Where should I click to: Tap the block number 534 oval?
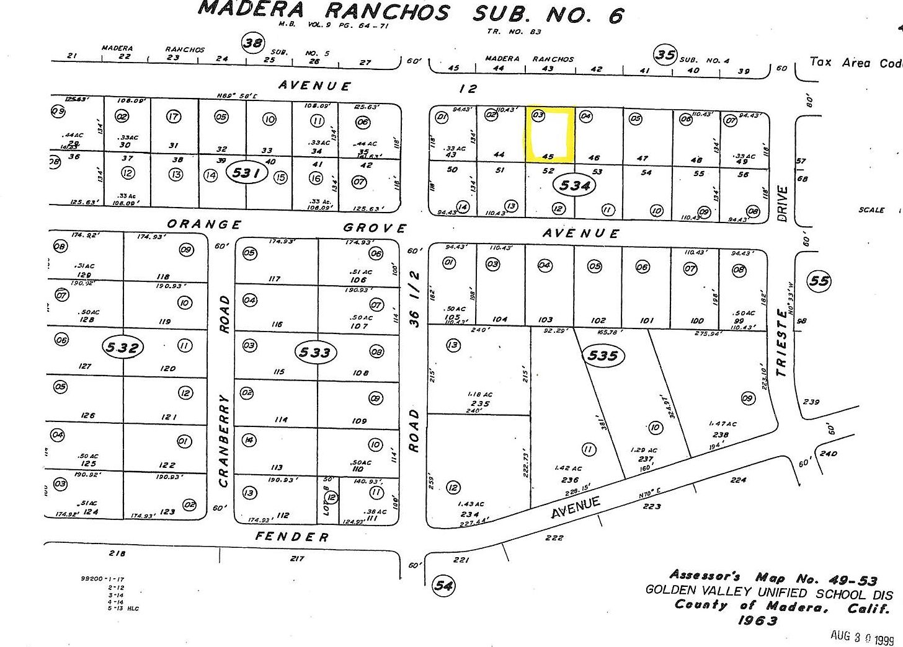[575, 185]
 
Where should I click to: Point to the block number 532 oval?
[122, 348]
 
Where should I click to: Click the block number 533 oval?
[314, 353]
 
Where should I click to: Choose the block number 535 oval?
[602, 355]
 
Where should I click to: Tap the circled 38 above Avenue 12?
[252, 43]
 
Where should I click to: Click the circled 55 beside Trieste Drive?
[819, 281]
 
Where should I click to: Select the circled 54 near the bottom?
[443, 584]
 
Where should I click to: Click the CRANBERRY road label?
[224, 440]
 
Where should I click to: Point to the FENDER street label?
[291, 537]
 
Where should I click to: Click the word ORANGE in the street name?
[204, 224]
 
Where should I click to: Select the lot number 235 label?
[480, 403]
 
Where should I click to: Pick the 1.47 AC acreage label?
[723, 424]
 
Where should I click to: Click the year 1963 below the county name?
[757, 620]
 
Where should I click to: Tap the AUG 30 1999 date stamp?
[862, 636]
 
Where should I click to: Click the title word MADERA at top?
[251, 9]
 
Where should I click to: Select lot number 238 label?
[720, 434]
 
